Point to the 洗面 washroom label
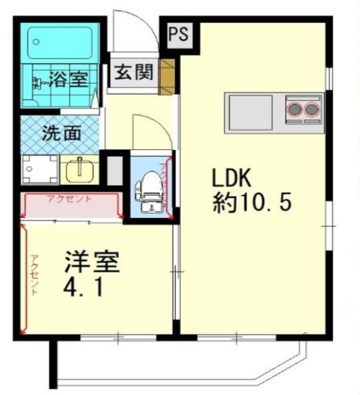[x=62, y=132]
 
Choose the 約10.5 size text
[x=251, y=202]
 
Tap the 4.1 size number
[x=84, y=288]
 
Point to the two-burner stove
[x=303, y=107]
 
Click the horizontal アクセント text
[x=70, y=199]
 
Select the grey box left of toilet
[x=115, y=170]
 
